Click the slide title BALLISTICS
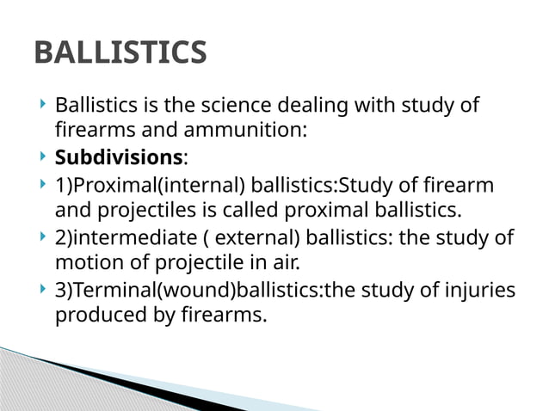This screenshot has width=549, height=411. pyautogui.click(x=120, y=53)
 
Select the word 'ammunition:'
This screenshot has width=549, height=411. pyautogui.click(x=257, y=131)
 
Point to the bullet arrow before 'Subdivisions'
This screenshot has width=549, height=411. pyautogui.click(x=42, y=157)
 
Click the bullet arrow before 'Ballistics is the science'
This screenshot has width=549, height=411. pyautogui.click(x=42, y=105)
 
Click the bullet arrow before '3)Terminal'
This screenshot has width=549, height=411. pyautogui.click(x=42, y=290)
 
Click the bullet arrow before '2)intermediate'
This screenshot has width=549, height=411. pyautogui.click(x=42, y=237)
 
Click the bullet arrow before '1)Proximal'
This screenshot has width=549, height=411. pyautogui.click(x=42, y=185)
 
